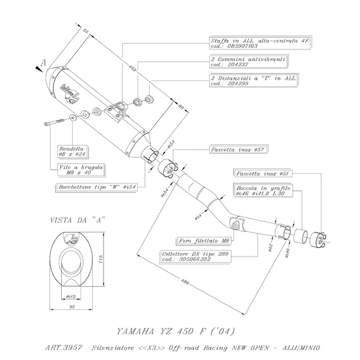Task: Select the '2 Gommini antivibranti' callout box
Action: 248,61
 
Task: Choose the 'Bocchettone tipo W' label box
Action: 99,187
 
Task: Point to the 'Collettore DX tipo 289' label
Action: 188,256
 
